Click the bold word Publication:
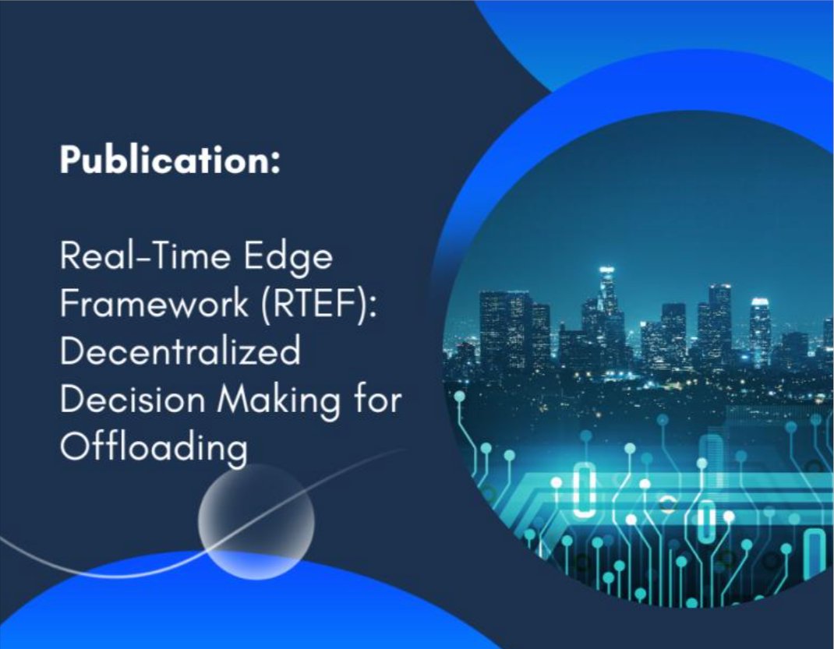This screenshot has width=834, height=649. tap(169, 160)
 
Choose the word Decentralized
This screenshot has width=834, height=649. tap(180, 351)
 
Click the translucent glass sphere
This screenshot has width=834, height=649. tap(256, 520)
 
